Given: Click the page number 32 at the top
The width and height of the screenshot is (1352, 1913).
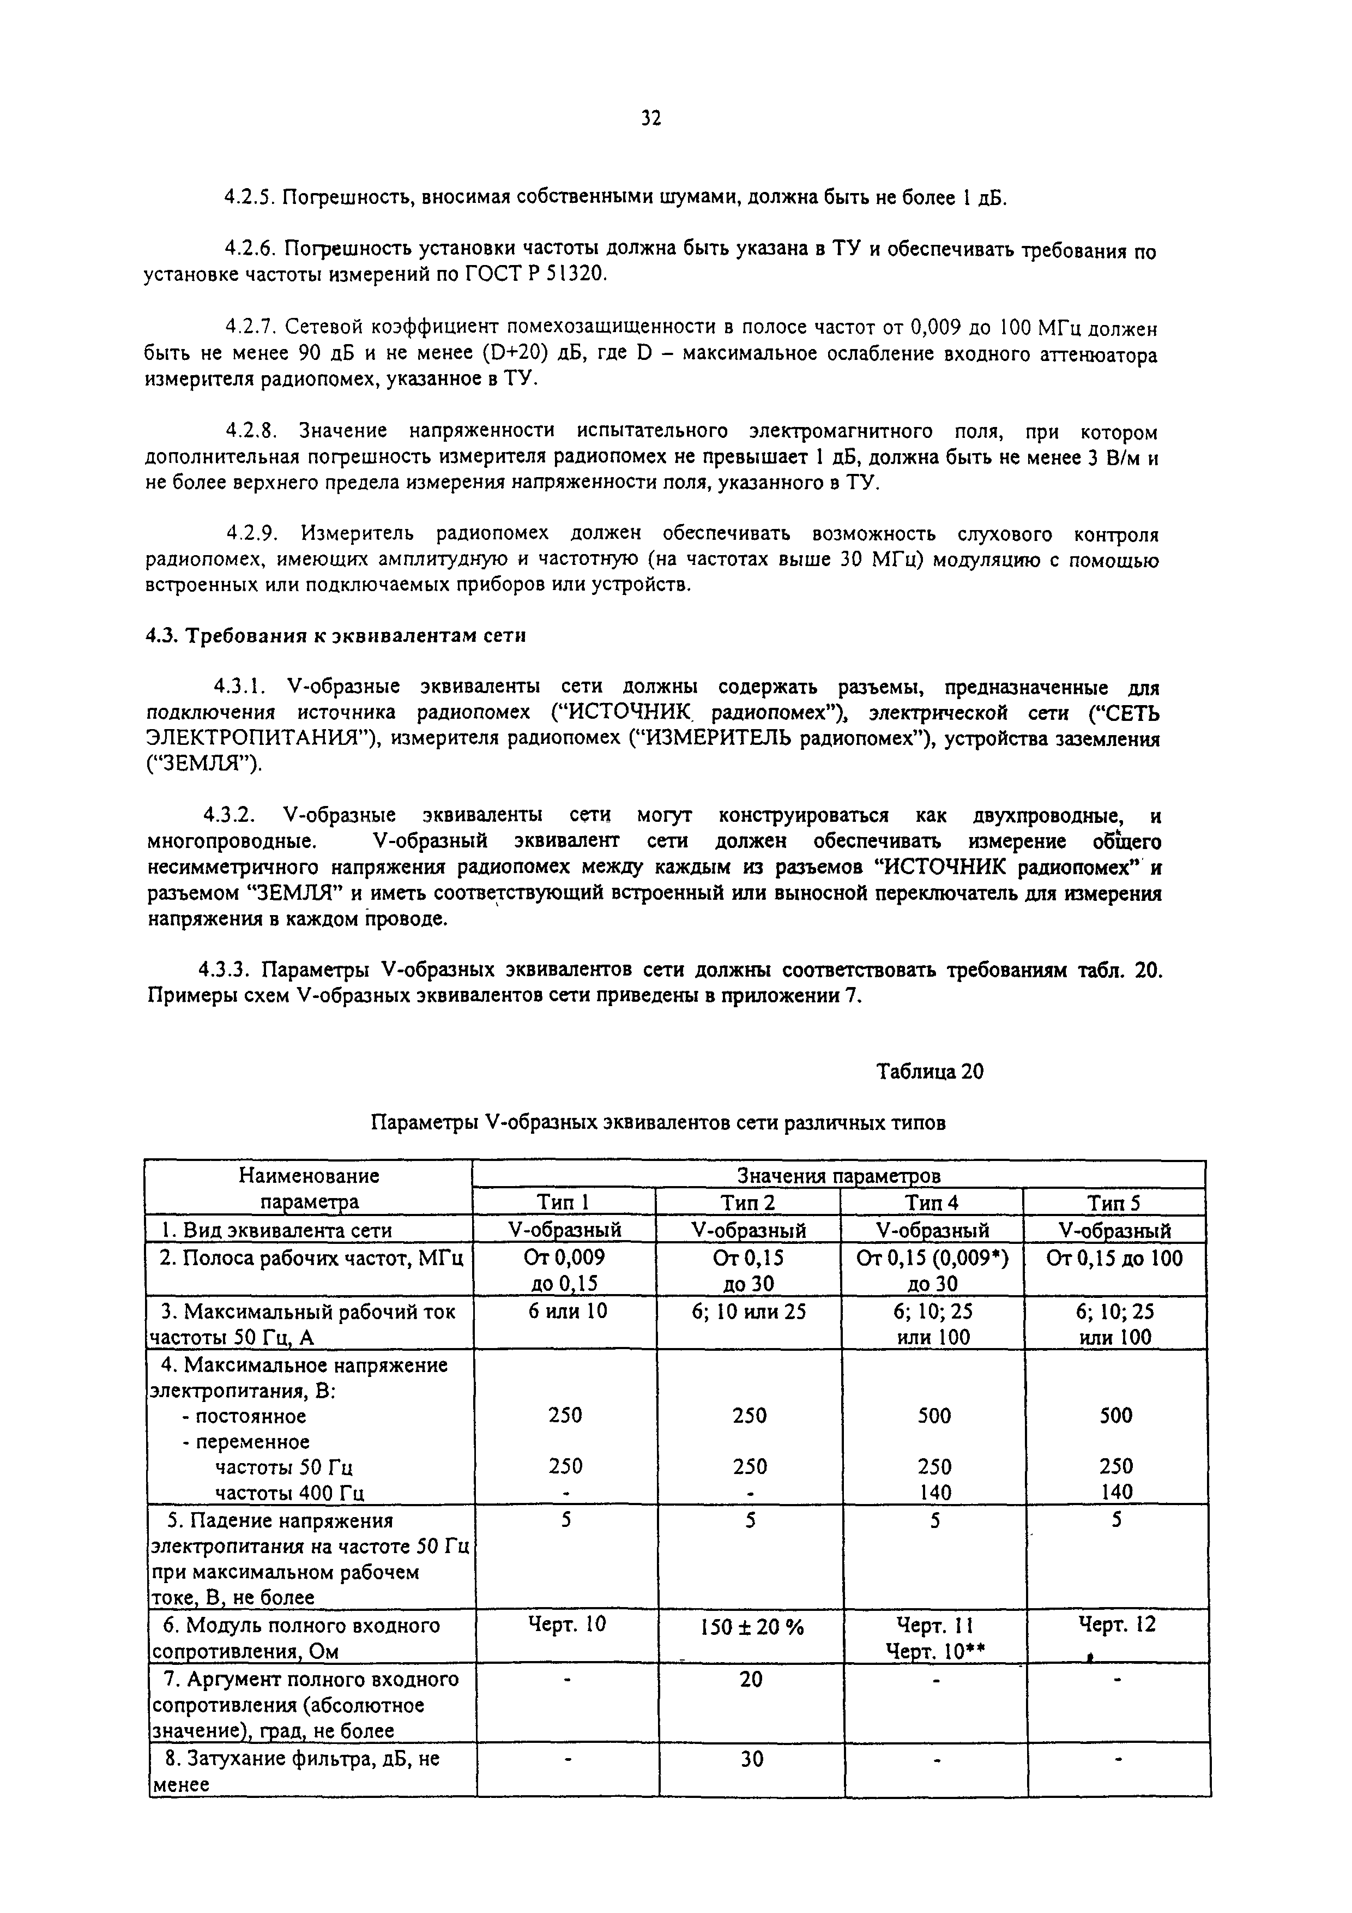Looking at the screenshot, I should click(650, 119).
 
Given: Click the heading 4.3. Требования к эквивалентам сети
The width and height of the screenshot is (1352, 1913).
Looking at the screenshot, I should click(336, 636).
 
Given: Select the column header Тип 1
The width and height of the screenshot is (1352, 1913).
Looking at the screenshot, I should click(563, 1202).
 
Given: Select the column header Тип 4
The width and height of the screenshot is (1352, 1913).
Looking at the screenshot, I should click(931, 1202).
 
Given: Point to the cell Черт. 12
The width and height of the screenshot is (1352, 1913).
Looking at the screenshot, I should click(1117, 1624).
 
